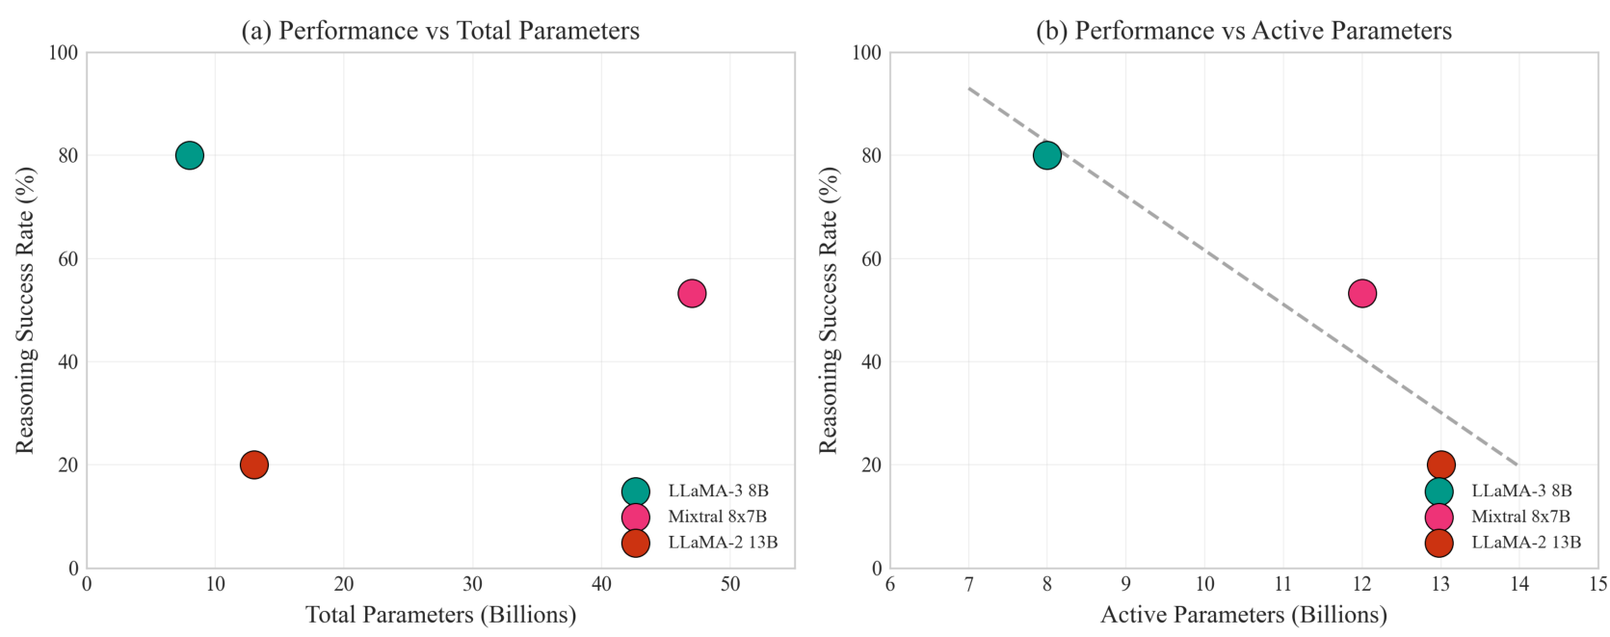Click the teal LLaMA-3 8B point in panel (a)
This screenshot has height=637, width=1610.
pyautogui.click(x=190, y=155)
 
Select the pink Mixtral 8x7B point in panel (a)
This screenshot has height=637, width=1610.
pyautogui.click(x=692, y=293)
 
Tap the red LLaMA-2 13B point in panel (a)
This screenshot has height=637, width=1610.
pyautogui.click(x=253, y=464)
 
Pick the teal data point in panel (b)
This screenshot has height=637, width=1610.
pyautogui.click(x=1046, y=155)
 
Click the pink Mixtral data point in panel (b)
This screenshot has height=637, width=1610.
pyautogui.click(x=1361, y=293)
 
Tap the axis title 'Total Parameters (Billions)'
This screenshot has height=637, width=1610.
pyautogui.click(x=440, y=615)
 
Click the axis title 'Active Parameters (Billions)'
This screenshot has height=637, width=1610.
pyautogui.click(x=1244, y=615)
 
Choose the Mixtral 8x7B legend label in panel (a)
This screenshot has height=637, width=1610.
pyautogui.click(x=717, y=517)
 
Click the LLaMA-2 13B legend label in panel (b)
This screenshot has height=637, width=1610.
pyautogui.click(x=1526, y=543)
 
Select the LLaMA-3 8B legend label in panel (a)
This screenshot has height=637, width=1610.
pyautogui.click(x=718, y=491)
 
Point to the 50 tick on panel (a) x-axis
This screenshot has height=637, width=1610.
pyautogui.click(x=730, y=585)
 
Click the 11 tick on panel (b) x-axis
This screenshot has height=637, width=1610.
pyautogui.click(x=1283, y=585)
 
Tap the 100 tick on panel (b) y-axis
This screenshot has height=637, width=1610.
pyautogui.click(x=865, y=53)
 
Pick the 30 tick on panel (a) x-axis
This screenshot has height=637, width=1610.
pyautogui.click(x=473, y=585)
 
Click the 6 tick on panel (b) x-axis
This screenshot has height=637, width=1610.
pyautogui.click(x=890, y=585)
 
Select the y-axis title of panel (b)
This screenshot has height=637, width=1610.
pyautogui.click(x=829, y=310)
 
